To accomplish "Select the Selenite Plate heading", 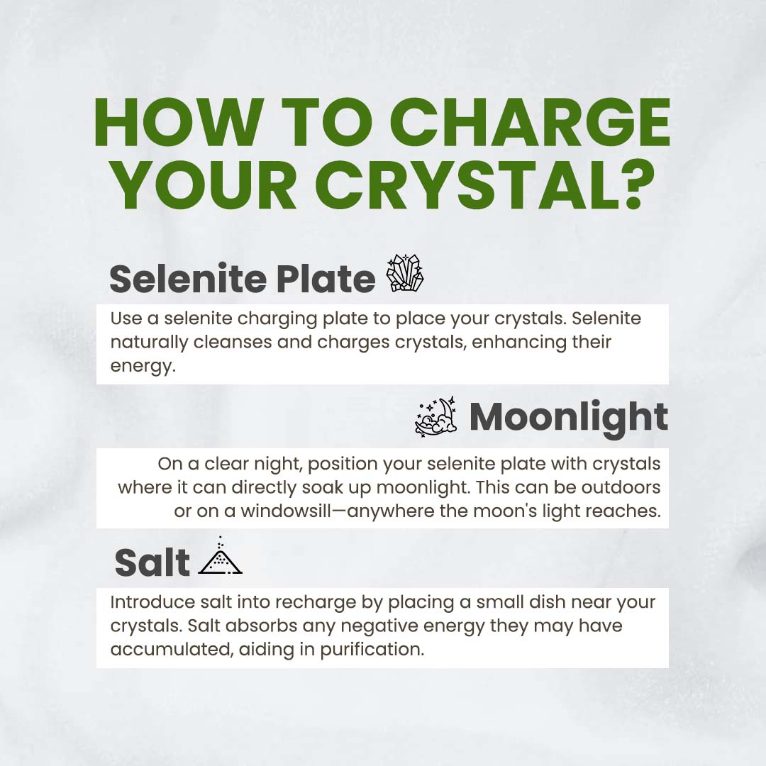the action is [x=243, y=279].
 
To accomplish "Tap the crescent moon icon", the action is [x=435, y=416].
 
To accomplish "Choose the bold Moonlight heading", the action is [x=569, y=418].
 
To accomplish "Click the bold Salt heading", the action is [x=152, y=562].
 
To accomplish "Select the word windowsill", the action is [x=286, y=511].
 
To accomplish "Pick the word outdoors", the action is [x=621, y=487].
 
